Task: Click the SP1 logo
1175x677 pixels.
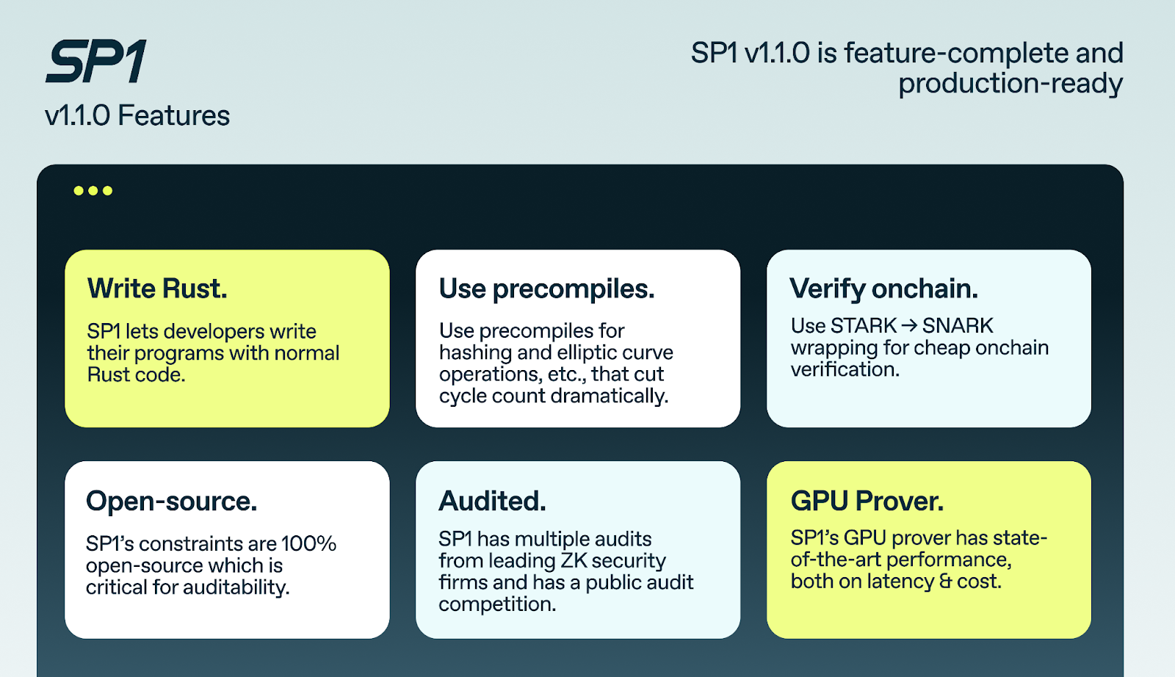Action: (96, 61)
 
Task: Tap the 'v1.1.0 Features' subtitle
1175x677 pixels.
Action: (137, 115)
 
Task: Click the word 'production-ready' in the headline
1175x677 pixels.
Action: (1010, 84)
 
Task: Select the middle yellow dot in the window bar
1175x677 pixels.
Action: (93, 190)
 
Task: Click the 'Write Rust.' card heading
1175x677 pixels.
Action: (157, 289)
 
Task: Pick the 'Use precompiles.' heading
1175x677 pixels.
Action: (547, 289)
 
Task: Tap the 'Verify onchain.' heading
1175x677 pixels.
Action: (884, 289)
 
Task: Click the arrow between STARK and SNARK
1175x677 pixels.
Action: (909, 326)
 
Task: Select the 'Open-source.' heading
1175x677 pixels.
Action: (172, 501)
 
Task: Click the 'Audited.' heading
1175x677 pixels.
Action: (492, 501)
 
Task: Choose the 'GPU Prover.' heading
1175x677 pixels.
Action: (867, 501)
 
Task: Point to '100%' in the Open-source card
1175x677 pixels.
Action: (308, 544)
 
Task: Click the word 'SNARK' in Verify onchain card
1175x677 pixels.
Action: (958, 326)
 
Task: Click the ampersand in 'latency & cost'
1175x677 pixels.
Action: (946, 582)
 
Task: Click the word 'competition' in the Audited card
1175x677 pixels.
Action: (497, 604)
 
